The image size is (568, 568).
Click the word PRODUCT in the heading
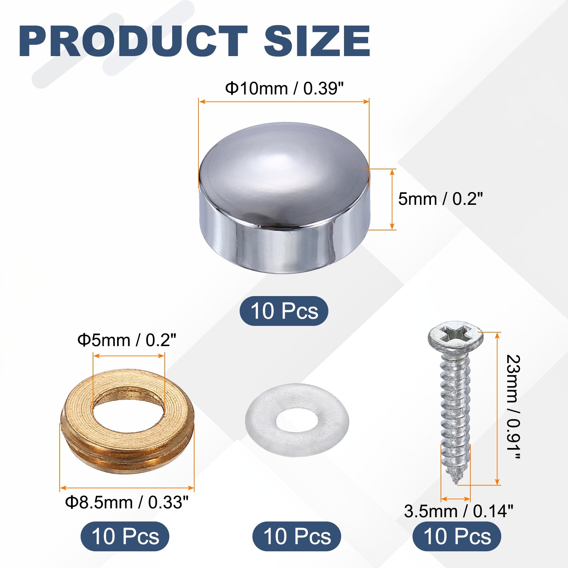(x=133, y=41)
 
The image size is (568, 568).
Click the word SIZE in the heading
(x=317, y=41)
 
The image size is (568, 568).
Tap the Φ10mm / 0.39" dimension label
(x=285, y=88)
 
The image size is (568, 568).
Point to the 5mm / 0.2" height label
(x=441, y=199)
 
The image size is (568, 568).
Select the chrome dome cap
(x=284, y=198)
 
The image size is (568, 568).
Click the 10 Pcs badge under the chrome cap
(x=284, y=311)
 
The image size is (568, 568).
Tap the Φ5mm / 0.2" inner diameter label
(x=127, y=340)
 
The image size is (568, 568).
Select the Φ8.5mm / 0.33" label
(x=127, y=502)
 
